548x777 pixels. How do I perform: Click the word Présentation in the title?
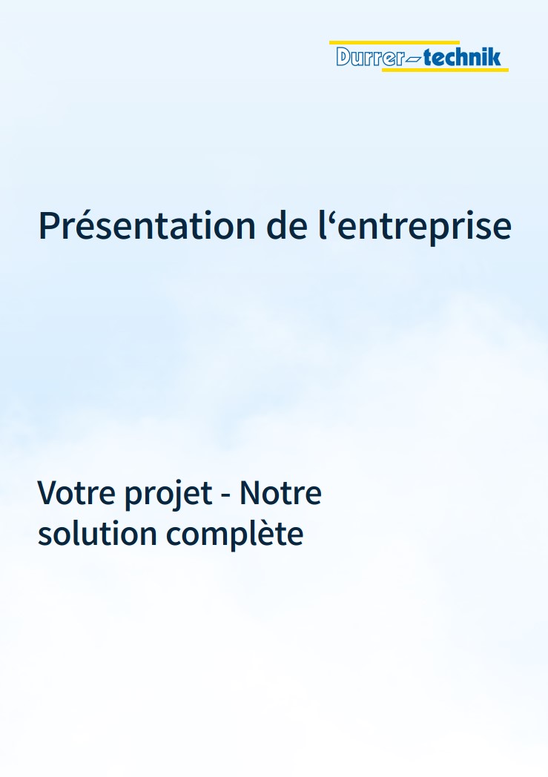147,225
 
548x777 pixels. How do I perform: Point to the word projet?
168,495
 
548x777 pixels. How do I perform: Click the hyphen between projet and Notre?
226,495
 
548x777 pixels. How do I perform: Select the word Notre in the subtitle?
281,492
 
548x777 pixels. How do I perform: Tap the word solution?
97,533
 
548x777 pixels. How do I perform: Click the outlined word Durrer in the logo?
370,56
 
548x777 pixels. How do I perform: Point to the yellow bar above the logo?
395,42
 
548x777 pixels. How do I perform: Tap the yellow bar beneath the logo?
445,70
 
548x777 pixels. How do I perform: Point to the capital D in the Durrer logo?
344,56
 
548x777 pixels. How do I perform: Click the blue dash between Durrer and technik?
414,61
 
